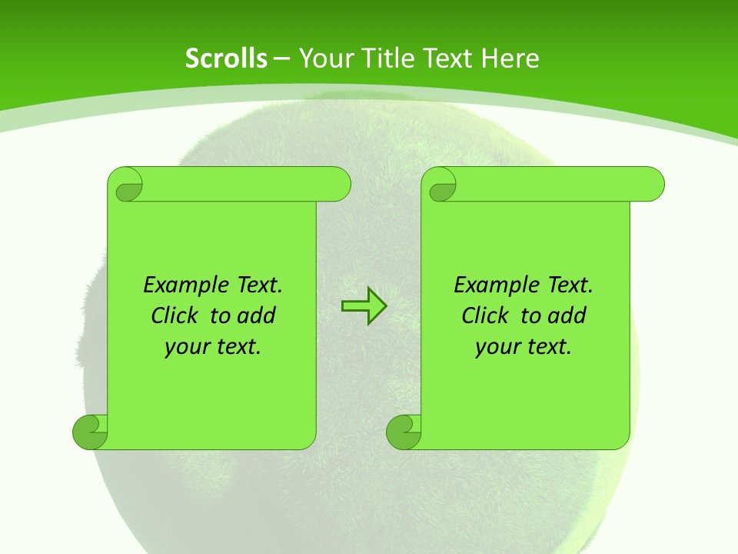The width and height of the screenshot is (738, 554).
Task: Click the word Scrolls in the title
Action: coord(227,58)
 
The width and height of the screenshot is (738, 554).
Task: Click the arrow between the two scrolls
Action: coord(364,306)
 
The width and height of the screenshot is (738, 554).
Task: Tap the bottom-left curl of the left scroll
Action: coord(90,432)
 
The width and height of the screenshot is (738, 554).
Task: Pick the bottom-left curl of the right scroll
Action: coord(404,432)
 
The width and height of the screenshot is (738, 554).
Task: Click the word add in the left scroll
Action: coord(256,315)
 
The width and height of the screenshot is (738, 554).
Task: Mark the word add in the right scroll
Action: coord(567,315)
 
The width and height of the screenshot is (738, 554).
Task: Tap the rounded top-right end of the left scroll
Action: coord(338,185)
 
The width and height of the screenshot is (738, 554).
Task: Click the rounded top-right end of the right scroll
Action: coord(652,185)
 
